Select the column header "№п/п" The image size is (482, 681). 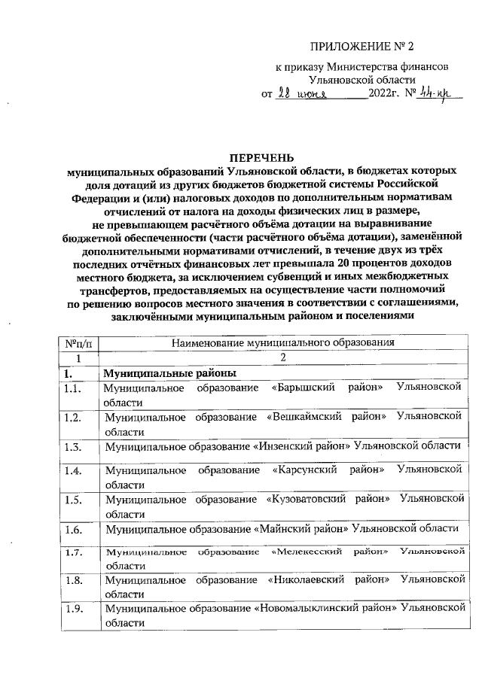77,342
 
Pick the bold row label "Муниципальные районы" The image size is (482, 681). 170,372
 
